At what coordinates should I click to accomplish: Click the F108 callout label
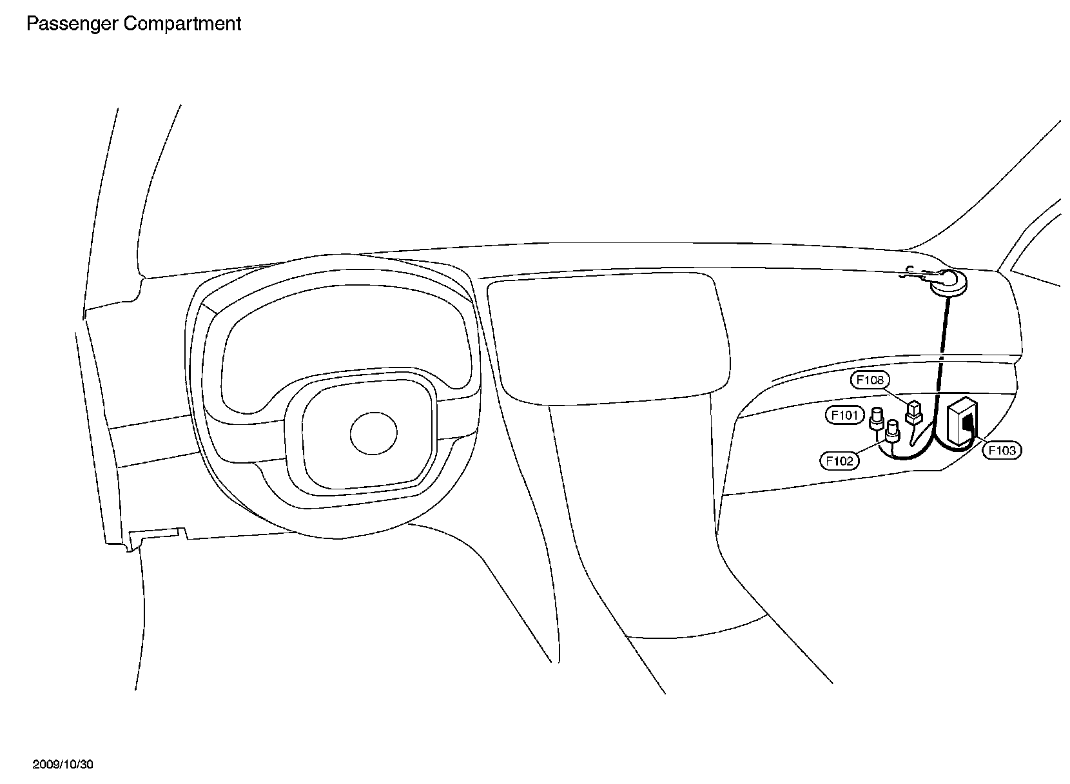click(870, 380)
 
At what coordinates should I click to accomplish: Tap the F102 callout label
click(839, 460)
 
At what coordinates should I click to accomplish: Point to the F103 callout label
click(1002, 450)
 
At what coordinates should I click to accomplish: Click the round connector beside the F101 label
click(877, 418)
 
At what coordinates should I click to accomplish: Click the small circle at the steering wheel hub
click(373, 434)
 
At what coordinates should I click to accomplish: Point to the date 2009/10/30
click(63, 765)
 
